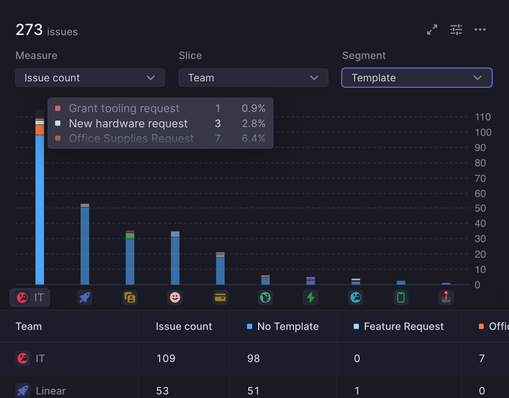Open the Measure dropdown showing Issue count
click(90, 78)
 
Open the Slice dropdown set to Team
click(253, 78)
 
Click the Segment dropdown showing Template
click(417, 78)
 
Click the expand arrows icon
click(432, 29)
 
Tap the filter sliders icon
click(456, 29)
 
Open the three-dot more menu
click(480, 29)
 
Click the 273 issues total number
click(29, 30)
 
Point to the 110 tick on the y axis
click(483, 117)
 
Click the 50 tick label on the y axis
click(480, 208)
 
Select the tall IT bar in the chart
click(40, 207)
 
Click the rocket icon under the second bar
click(85, 298)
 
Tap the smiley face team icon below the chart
click(175, 298)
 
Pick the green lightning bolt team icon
click(311, 298)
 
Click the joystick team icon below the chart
click(446, 298)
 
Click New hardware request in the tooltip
click(128, 123)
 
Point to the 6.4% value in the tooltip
click(254, 138)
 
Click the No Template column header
click(288, 326)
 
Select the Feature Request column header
click(404, 326)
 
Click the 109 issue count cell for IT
click(166, 358)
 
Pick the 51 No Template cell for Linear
click(254, 391)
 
